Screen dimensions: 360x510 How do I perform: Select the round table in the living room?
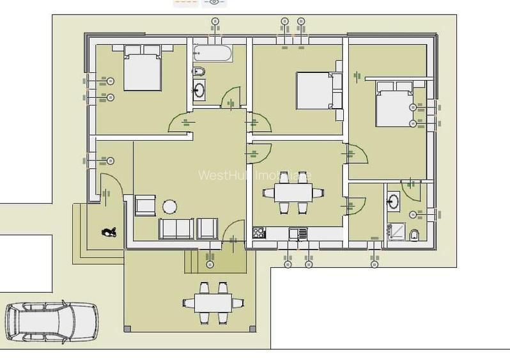pos(169,206)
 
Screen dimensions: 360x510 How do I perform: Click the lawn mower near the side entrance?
pos(107,233)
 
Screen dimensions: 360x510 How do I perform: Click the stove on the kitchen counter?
pos(259,233)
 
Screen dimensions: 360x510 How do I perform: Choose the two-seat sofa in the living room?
pos(176,228)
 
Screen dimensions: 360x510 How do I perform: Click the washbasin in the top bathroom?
pos(199,90)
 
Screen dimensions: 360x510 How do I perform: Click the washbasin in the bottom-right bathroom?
pos(393,201)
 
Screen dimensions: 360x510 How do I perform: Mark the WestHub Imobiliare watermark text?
pos(255,175)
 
